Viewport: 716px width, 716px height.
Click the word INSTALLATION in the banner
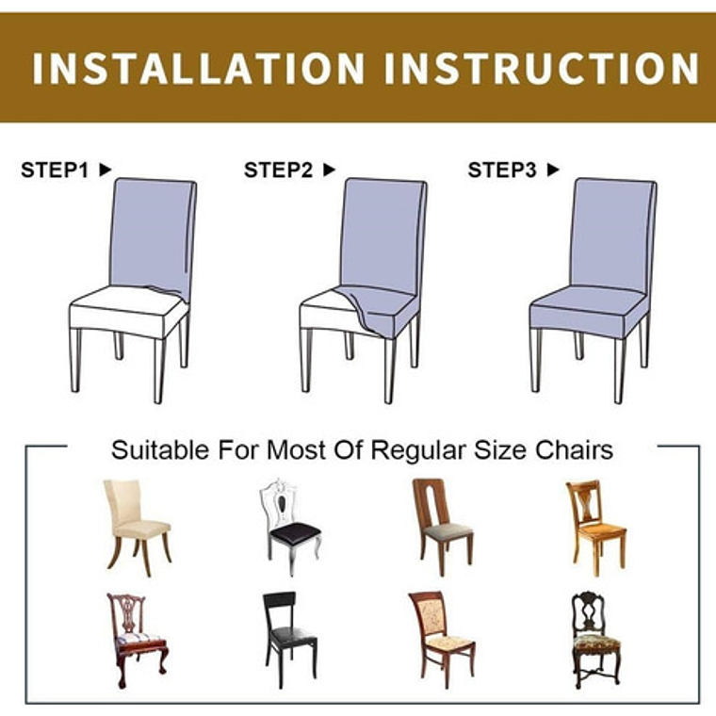coord(198,68)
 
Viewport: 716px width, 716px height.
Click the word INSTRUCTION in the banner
coord(542,68)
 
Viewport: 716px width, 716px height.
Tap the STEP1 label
coord(55,170)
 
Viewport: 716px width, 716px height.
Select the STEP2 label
coord(278,170)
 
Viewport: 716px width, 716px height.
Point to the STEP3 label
coord(502,170)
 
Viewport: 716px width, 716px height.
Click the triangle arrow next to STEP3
coord(553,170)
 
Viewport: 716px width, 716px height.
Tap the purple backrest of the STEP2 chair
coord(382,236)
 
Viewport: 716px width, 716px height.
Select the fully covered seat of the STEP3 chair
coord(589,312)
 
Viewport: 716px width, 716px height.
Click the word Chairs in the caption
coord(574,450)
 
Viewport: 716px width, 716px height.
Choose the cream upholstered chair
coord(137,527)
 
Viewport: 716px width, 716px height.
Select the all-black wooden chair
coord(289,641)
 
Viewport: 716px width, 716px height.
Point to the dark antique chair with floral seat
coord(596,640)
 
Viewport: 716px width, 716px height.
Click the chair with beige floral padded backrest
coord(442,641)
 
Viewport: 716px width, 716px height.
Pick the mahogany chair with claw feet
coord(137,641)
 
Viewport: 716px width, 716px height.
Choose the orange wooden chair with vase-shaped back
coord(596,528)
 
